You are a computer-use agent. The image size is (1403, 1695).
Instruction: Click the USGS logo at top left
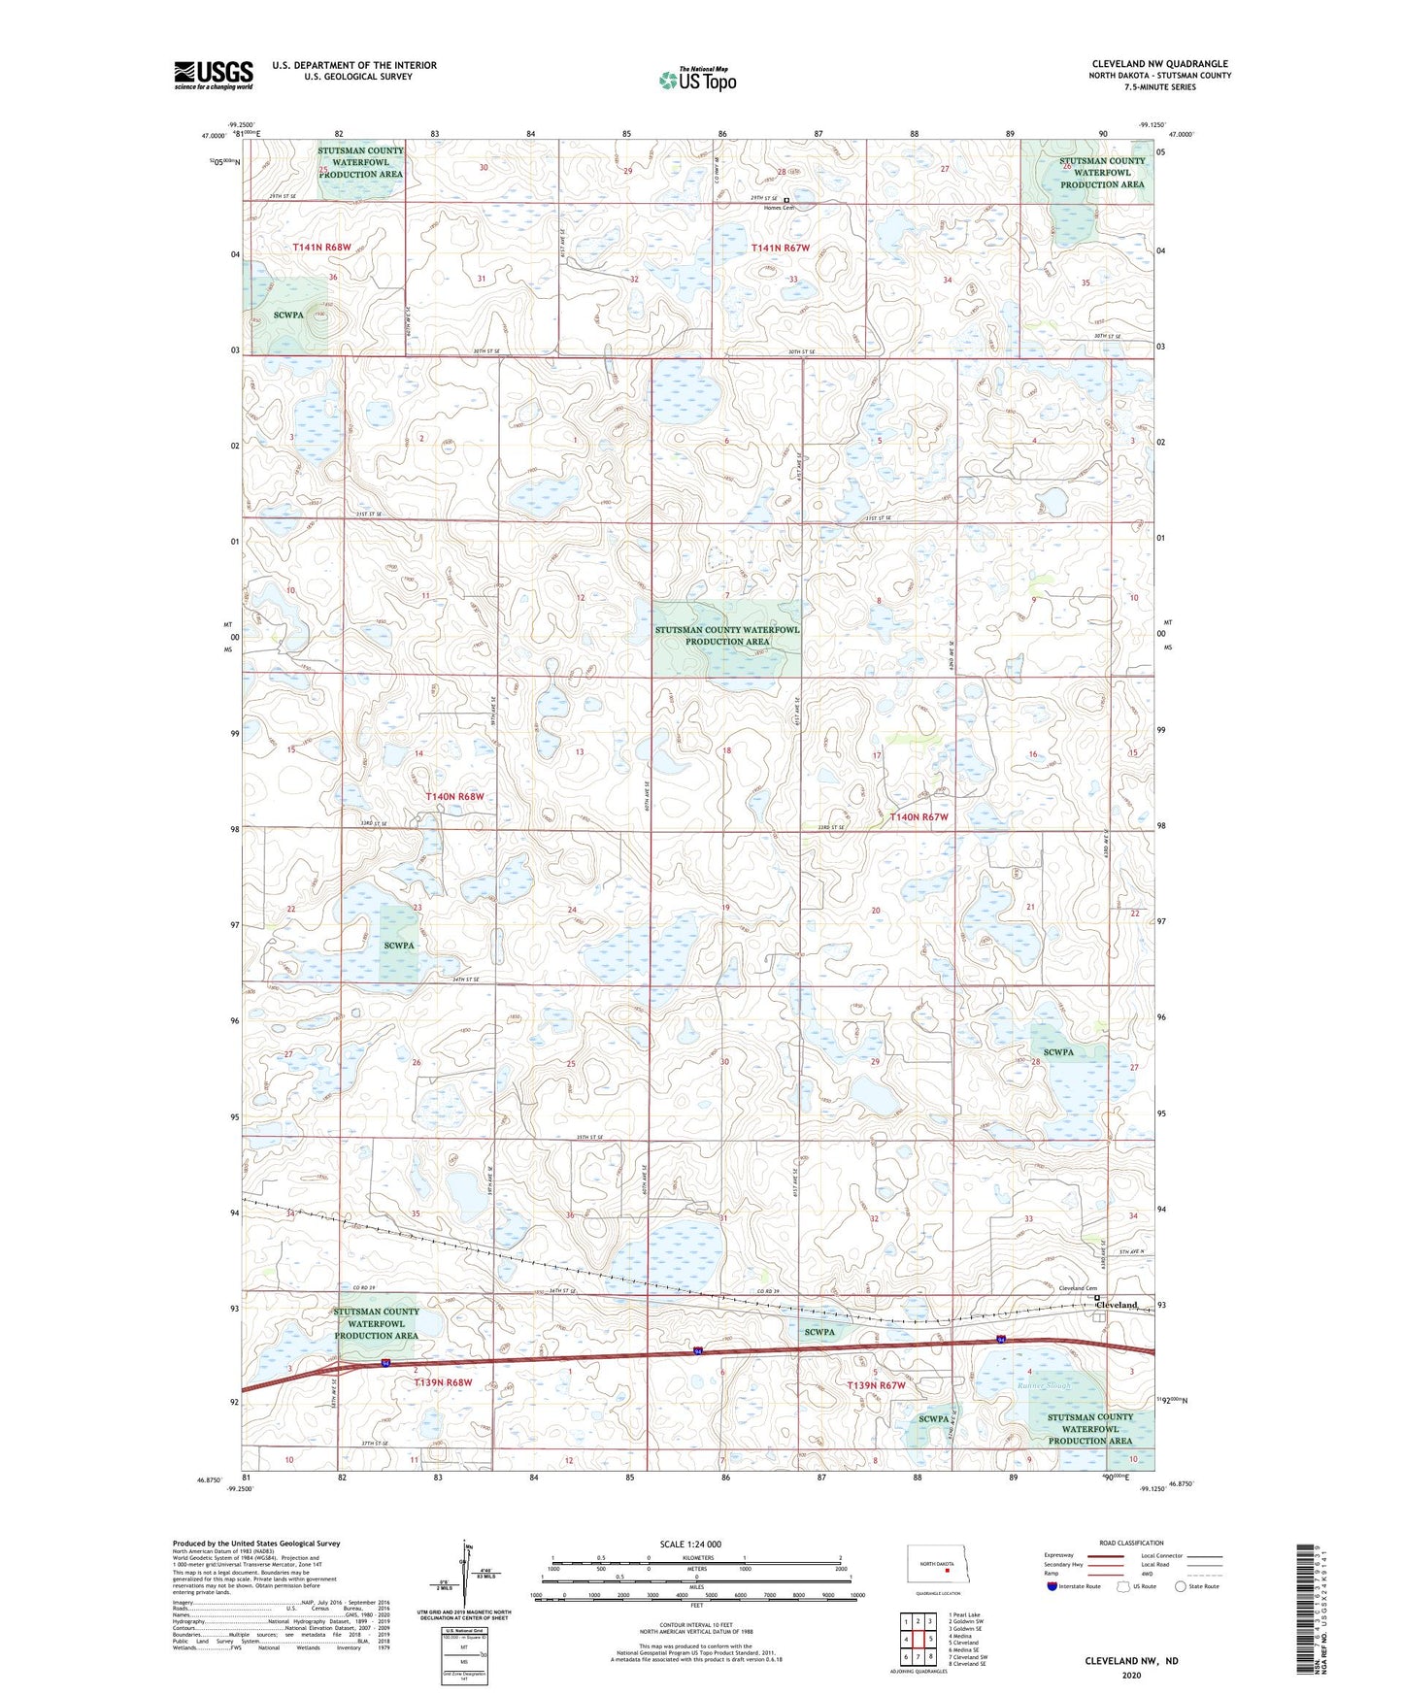click(x=214, y=75)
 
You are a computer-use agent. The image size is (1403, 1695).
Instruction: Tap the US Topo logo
click(x=697, y=80)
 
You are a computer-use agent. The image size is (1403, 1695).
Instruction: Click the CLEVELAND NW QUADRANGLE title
click(x=1159, y=64)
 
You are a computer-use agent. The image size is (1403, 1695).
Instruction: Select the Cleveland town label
click(x=1117, y=1305)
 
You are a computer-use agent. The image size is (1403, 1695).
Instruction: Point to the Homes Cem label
click(x=779, y=208)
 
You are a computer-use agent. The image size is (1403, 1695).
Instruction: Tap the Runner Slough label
click(x=1044, y=1385)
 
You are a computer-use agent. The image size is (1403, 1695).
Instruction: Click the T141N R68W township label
click(x=321, y=248)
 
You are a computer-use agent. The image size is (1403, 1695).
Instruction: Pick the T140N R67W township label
click(x=919, y=817)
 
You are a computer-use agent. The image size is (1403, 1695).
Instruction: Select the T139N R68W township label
click(x=443, y=1382)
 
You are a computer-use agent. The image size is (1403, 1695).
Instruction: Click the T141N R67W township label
click(x=780, y=249)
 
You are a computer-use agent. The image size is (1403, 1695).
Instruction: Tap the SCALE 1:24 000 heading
click(x=690, y=1545)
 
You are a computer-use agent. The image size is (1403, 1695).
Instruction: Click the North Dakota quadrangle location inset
click(x=938, y=1566)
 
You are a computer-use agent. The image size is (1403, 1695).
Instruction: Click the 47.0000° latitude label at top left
click(x=216, y=137)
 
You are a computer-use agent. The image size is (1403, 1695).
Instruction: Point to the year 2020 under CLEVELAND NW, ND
click(x=1130, y=1676)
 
